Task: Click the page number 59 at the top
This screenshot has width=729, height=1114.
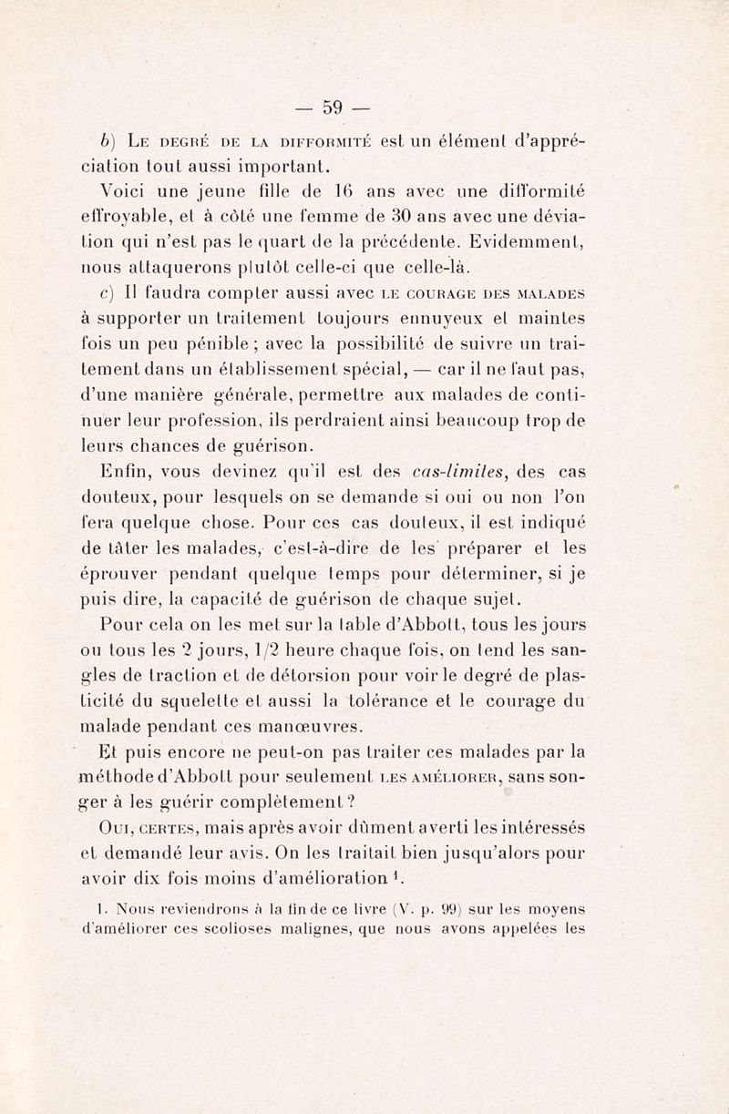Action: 330,107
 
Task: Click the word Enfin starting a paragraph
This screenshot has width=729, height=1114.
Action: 122,471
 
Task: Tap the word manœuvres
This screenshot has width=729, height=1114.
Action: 293,727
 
